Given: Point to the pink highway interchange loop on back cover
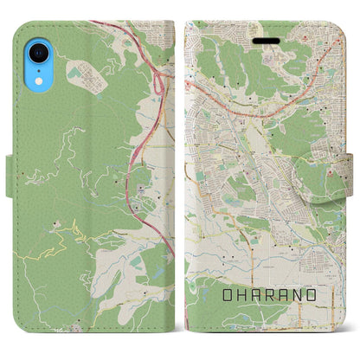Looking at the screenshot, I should click(158, 82).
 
